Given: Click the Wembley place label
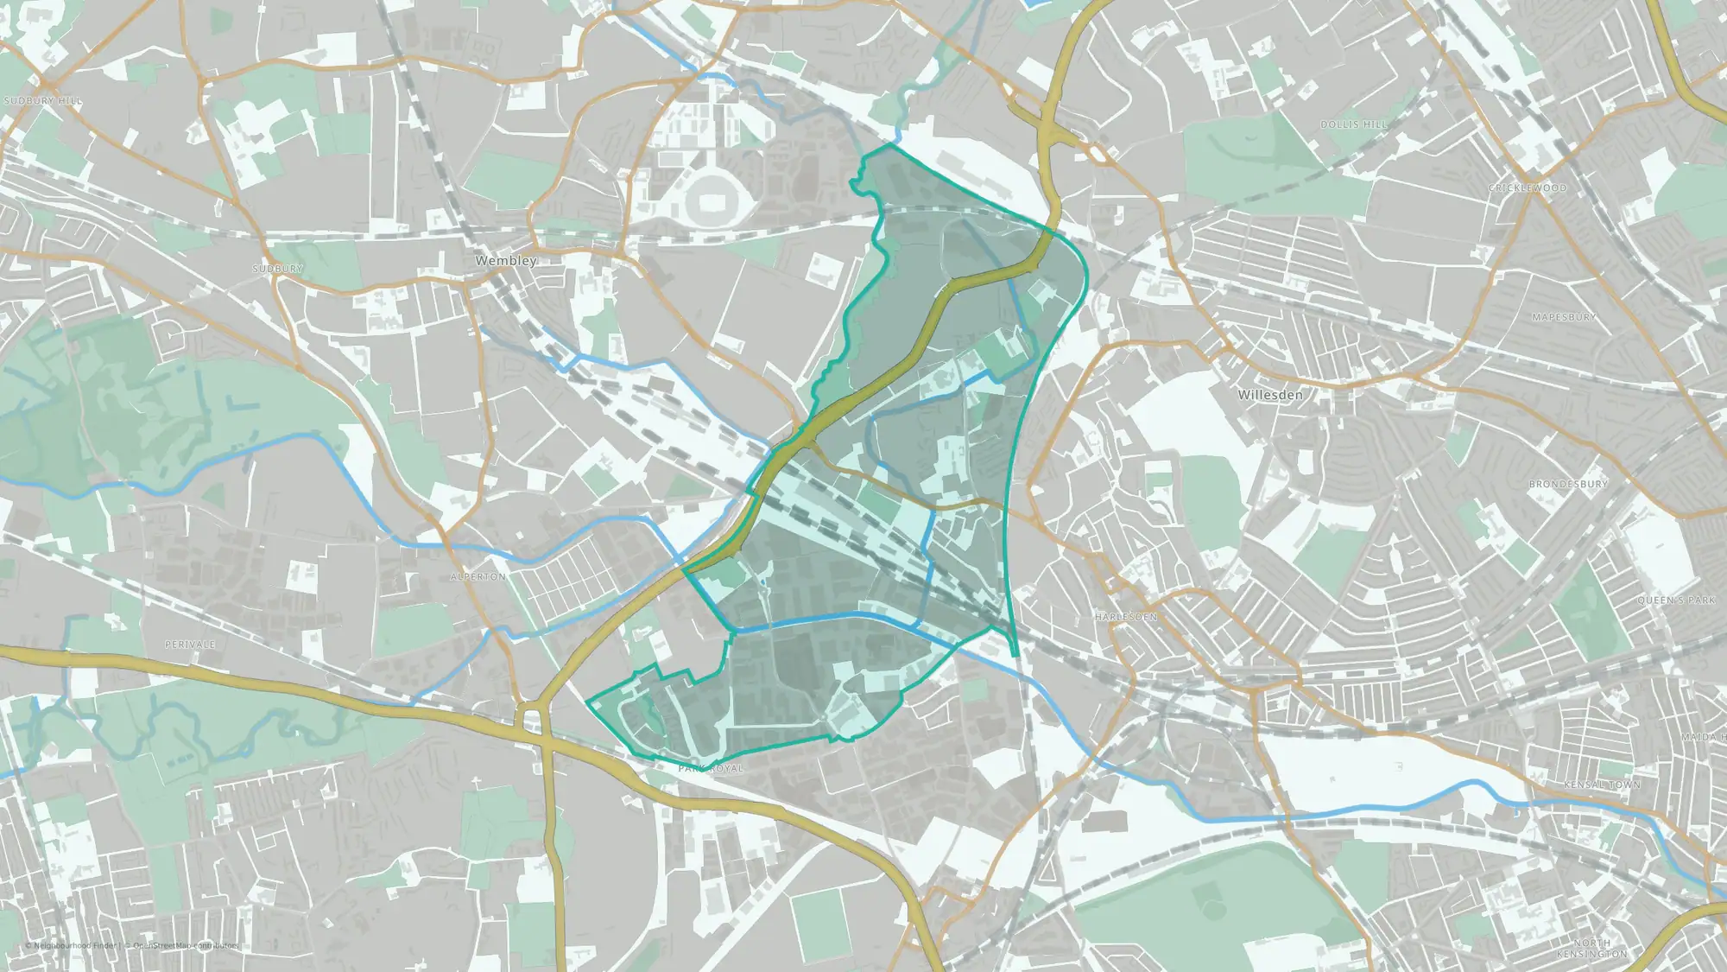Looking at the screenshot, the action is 506,260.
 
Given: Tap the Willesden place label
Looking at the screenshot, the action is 1270,395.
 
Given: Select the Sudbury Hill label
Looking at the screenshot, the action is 43,101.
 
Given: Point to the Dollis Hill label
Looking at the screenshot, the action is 1353,125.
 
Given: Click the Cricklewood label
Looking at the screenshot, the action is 1528,187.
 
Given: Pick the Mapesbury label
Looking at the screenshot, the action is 1564,317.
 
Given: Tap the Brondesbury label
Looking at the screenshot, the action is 1568,484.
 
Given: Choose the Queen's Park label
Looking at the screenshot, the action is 1677,600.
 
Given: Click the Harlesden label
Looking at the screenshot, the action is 1126,617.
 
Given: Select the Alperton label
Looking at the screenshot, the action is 478,576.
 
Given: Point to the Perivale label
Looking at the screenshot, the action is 190,645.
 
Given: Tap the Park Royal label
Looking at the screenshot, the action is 711,768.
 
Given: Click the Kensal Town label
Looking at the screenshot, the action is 1602,785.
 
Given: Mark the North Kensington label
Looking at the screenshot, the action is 1591,948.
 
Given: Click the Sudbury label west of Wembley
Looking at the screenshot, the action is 278,269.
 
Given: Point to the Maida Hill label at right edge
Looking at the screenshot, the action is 1703,737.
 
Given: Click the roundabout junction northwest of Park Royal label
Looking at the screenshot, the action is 533,718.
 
